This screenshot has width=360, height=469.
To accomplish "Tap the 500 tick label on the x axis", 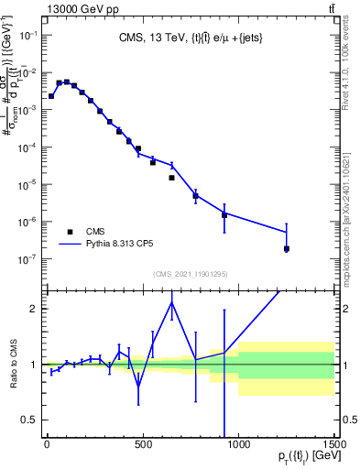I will (x=142, y=445).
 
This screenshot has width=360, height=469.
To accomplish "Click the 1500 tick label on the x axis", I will (x=334, y=445).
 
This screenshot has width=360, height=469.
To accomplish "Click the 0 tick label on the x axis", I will (x=47, y=445).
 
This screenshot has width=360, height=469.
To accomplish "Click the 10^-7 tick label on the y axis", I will (x=27, y=259).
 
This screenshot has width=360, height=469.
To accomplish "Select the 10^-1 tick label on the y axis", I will (x=27, y=35).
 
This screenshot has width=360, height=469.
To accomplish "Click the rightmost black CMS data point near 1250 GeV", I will (x=287, y=248).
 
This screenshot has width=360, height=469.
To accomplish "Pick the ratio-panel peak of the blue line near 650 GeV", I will (x=171, y=302).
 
